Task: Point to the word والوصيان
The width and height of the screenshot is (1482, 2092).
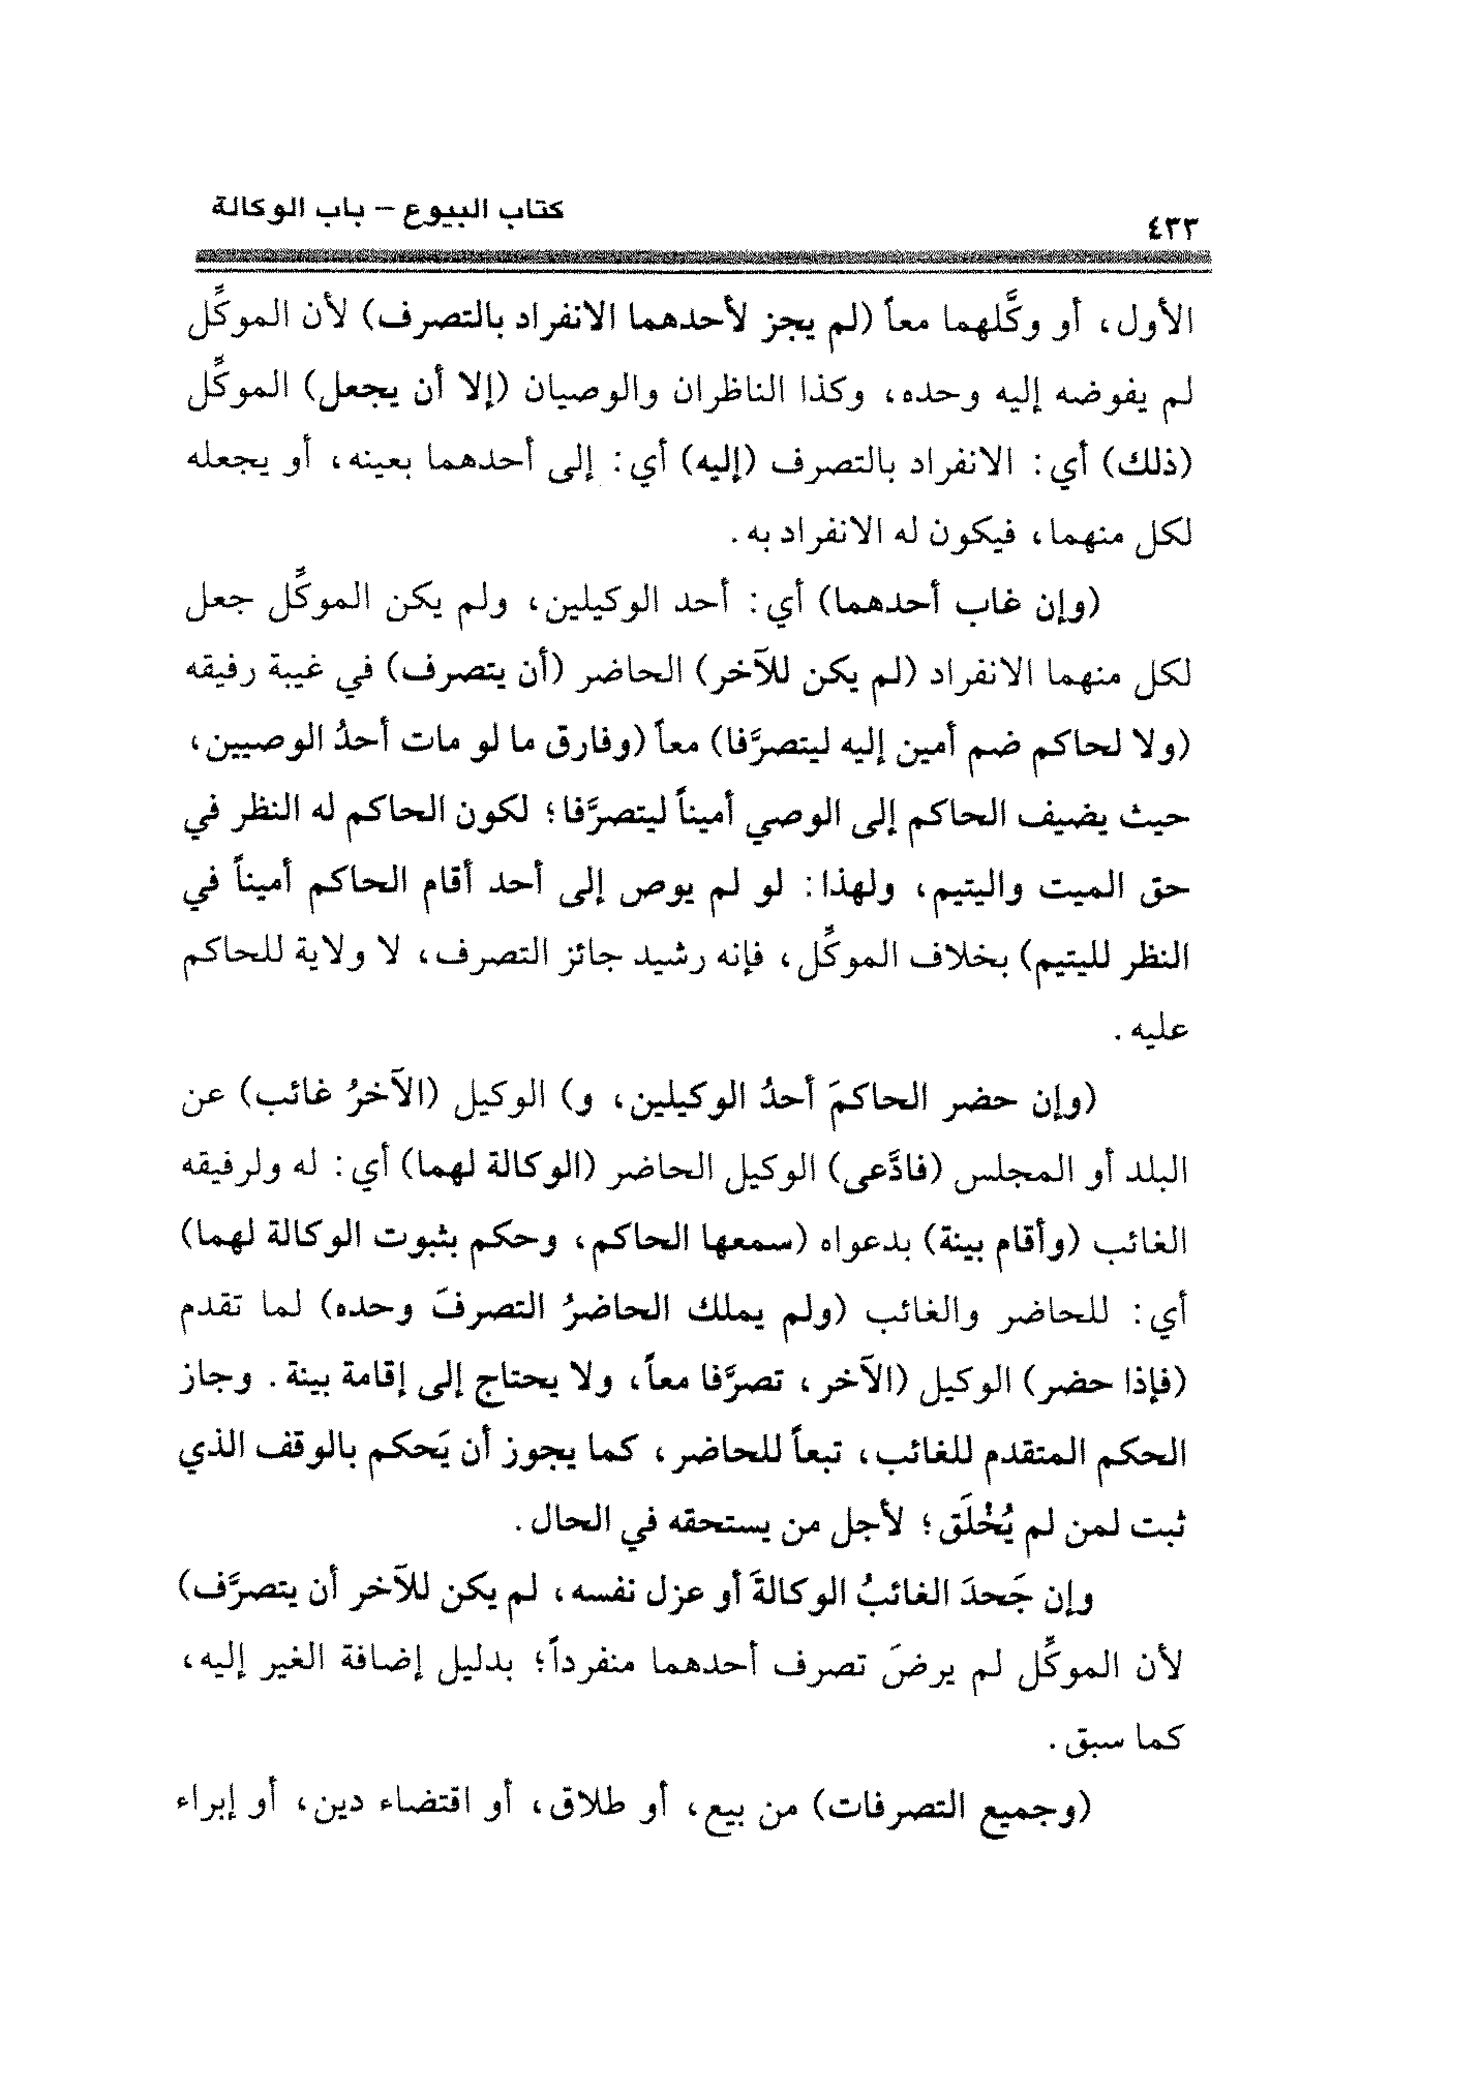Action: [x=568, y=394]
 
